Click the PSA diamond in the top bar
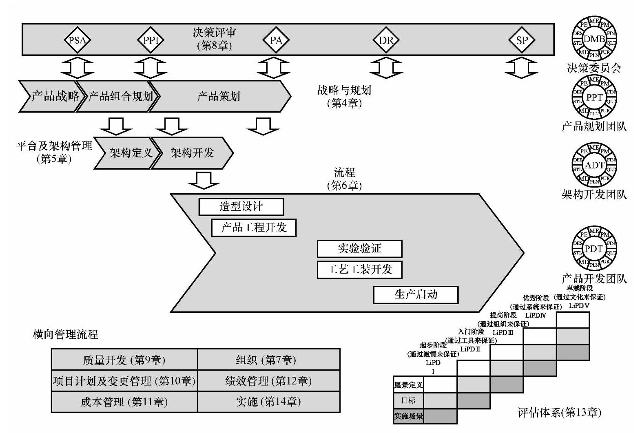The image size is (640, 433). click(77, 40)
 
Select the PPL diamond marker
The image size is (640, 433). click(151, 40)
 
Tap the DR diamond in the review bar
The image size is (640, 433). click(386, 40)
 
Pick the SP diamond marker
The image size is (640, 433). click(522, 40)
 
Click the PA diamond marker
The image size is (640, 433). click(276, 40)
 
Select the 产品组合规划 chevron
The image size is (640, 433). click(118, 96)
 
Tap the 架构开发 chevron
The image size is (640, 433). click(192, 153)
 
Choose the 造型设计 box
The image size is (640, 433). click(241, 207)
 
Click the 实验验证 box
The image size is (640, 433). click(359, 248)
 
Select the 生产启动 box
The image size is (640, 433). click(416, 294)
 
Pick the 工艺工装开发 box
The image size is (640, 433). click(359, 270)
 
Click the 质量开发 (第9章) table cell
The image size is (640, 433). click(124, 360)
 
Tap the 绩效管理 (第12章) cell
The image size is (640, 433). click(268, 381)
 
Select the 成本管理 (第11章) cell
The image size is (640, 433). click(124, 402)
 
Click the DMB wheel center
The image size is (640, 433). click(594, 39)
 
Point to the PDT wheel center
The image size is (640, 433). click(594, 249)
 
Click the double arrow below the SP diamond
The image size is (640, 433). click(521, 68)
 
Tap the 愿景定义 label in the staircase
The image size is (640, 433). click(408, 384)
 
